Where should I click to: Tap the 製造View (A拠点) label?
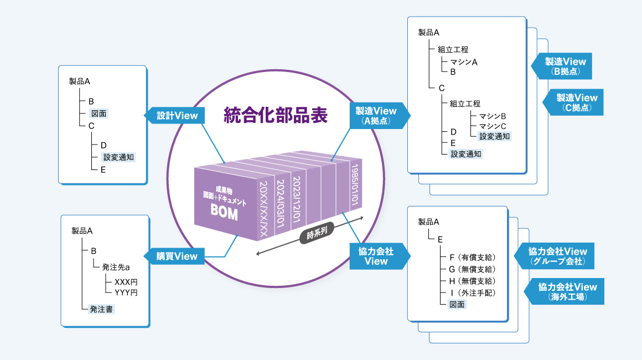click(377, 116)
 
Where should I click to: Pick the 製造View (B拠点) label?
click(565, 66)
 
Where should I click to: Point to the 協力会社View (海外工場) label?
click(568, 291)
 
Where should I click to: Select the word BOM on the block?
click(224, 213)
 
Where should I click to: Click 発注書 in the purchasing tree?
click(101, 309)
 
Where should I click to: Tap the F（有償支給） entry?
click(472, 257)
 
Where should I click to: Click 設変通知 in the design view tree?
click(118, 157)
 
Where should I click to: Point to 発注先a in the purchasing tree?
click(116, 268)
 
